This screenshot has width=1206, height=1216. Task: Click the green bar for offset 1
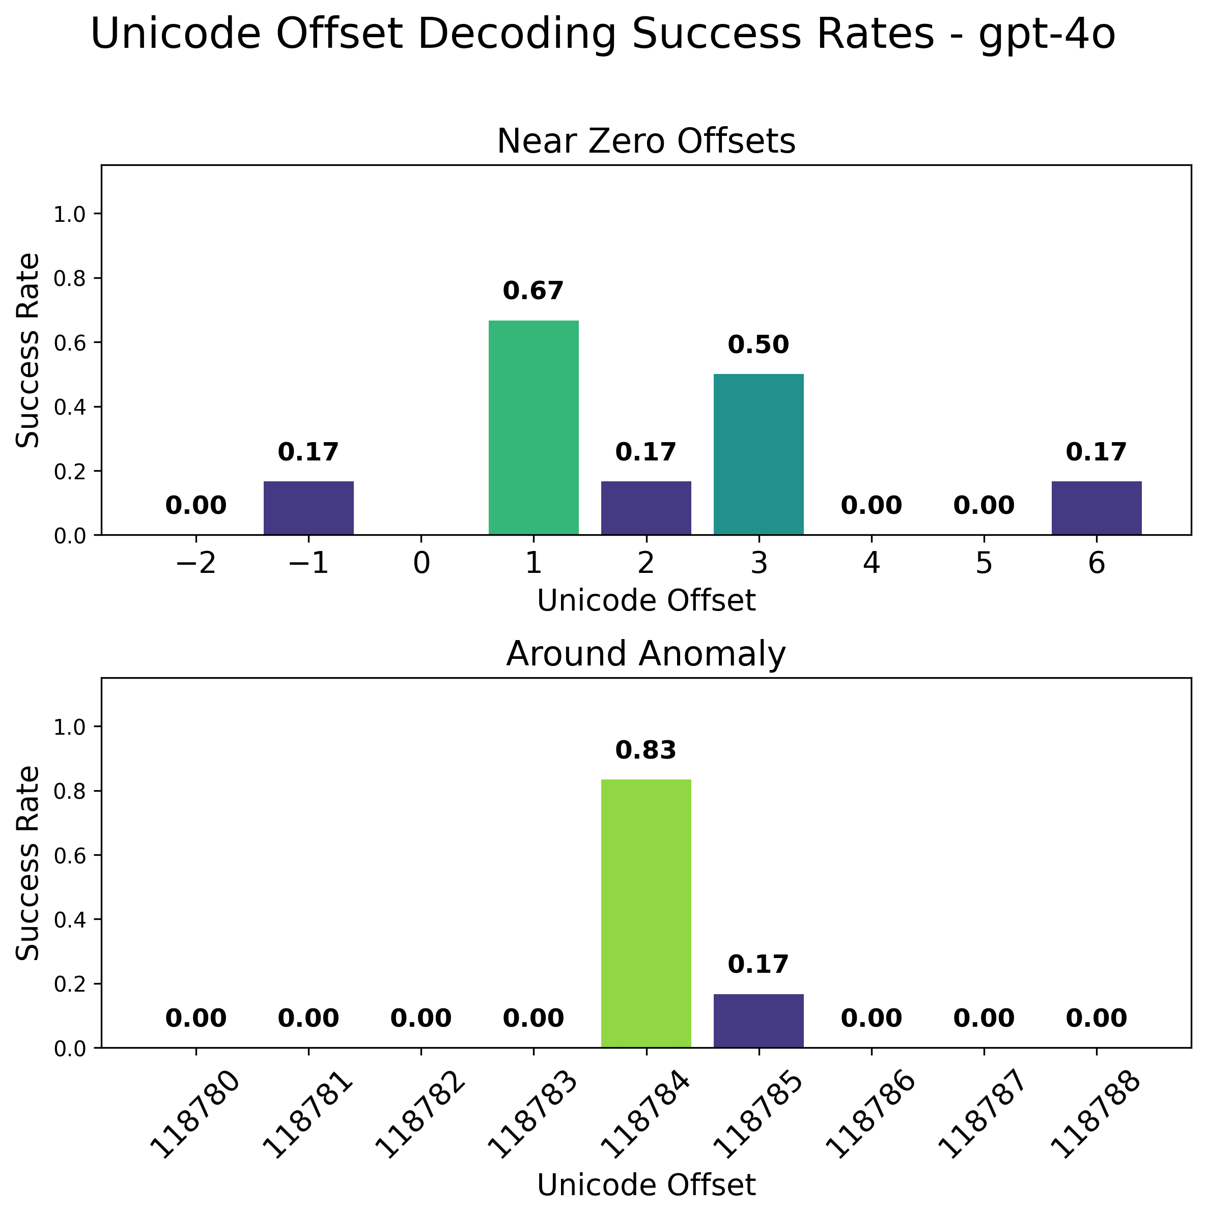(x=534, y=427)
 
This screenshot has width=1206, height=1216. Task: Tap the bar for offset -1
(x=308, y=507)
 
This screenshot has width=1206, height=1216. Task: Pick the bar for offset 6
(x=1097, y=507)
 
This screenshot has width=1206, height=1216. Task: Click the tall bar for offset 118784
(x=646, y=913)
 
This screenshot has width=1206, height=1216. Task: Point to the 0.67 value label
(x=534, y=292)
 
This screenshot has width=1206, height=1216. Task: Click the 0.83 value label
(x=646, y=750)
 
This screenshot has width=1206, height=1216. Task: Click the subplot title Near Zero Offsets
(x=646, y=141)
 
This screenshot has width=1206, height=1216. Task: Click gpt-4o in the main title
(x=1047, y=34)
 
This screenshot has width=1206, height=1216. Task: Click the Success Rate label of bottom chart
(x=27, y=862)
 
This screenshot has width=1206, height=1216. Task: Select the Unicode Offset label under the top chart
(x=646, y=601)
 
